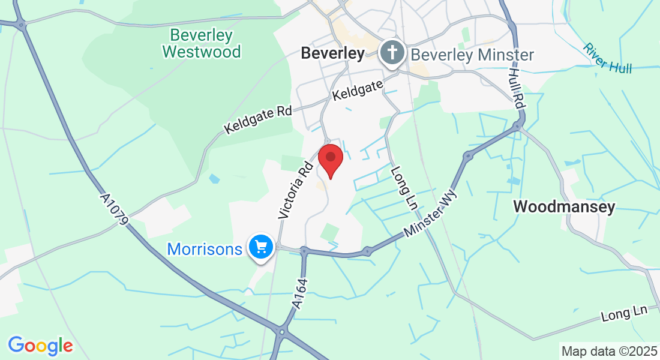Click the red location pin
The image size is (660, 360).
point(330,159)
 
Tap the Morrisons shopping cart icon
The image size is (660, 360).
point(261,247)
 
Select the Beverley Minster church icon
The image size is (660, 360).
point(392,53)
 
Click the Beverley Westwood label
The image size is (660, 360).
point(201,43)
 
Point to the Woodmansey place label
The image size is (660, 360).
point(564,207)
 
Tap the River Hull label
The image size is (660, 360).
point(608,58)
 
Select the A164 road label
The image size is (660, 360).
point(300,294)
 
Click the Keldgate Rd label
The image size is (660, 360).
point(258,120)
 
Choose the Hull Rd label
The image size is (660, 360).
point(517,88)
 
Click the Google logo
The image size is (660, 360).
point(40,346)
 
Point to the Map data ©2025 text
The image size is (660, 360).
point(608,350)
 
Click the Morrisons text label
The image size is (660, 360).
point(205,248)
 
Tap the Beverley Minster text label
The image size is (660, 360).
point(472,55)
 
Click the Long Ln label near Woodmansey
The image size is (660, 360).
point(624,313)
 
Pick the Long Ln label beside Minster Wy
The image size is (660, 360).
point(404,188)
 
